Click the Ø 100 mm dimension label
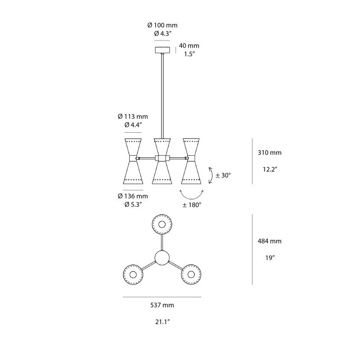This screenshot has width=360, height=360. [x=162, y=25]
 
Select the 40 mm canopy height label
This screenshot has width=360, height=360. [x=189, y=46]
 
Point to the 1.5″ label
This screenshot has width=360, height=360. [x=189, y=54]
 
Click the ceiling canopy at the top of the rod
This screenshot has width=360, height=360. [x=162, y=50]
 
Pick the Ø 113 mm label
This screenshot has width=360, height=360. [x=133, y=117]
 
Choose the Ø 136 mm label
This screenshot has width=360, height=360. [x=133, y=196]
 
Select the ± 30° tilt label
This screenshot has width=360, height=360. [x=224, y=175]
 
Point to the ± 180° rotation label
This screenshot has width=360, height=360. [x=192, y=205]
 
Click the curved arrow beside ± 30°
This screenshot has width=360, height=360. [x=210, y=175]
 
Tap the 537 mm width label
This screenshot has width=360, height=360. [x=162, y=305]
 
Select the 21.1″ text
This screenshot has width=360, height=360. [x=162, y=322]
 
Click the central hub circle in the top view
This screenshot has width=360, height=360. [x=162, y=257]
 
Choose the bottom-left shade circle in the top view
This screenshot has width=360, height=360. [x=133, y=274]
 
